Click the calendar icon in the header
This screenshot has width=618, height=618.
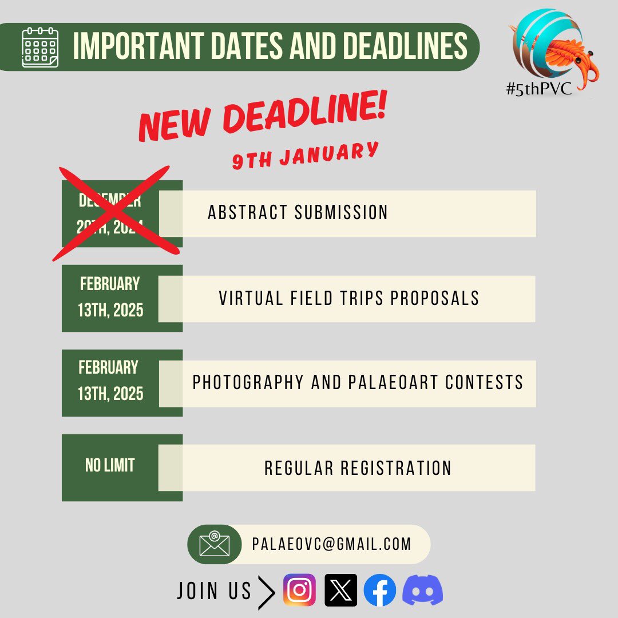[x=40, y=47]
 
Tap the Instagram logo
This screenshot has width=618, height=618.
[x=299, y=590]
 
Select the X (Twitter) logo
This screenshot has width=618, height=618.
[x=340, y=590]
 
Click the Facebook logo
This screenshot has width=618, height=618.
[x=380, y=590]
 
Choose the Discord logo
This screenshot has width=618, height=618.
[x=422, y=590]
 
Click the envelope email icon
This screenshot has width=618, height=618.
[x=215, y=544]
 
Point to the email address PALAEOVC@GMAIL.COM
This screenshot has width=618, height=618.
[x=331, y=544]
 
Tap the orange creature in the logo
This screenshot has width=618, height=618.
[x=572, y=54]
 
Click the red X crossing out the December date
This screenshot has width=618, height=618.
[x=111, y=213]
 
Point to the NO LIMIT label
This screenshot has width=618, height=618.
[x=110, y=465]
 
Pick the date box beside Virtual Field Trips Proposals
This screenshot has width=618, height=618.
[x=110, y=298]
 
